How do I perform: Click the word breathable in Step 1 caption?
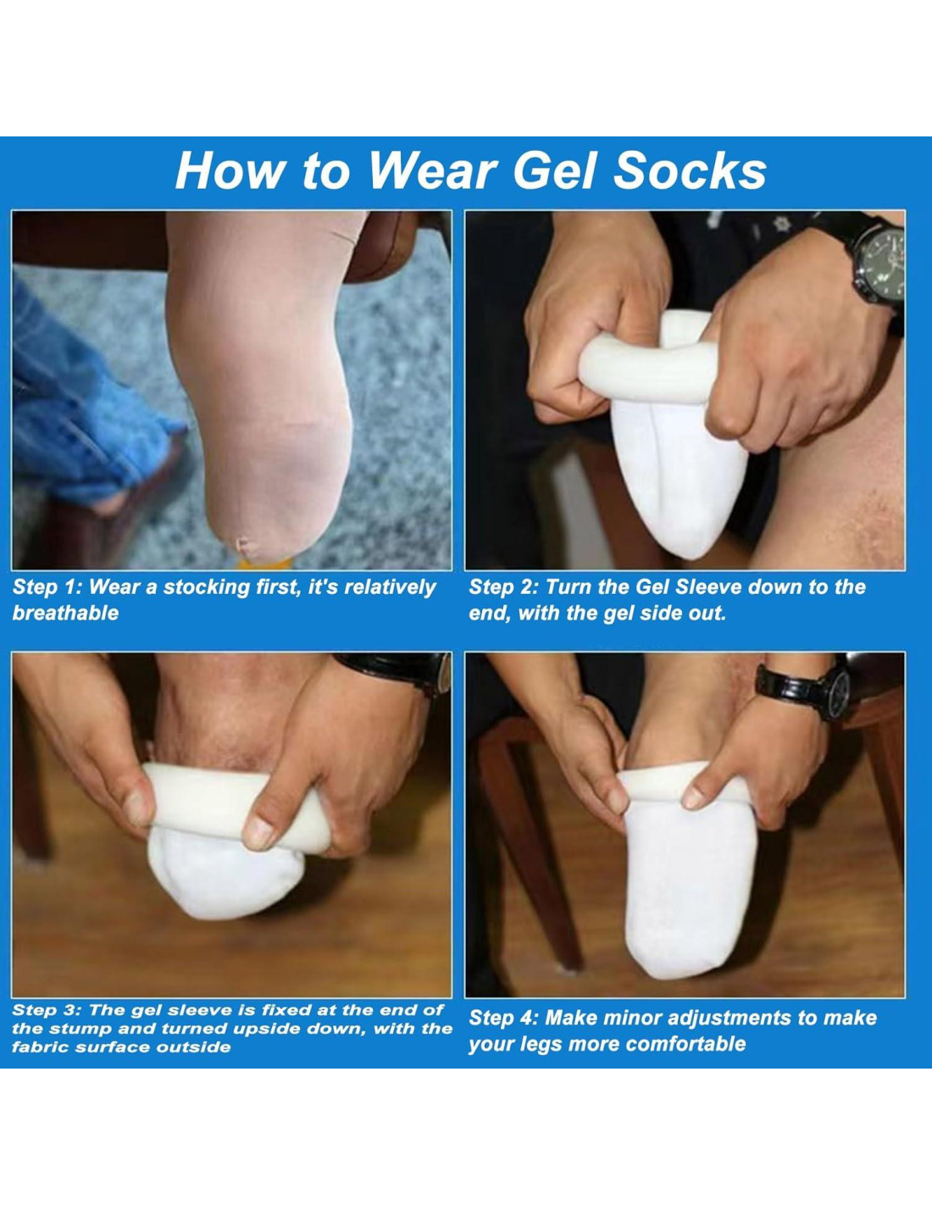[x=65, y=614]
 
